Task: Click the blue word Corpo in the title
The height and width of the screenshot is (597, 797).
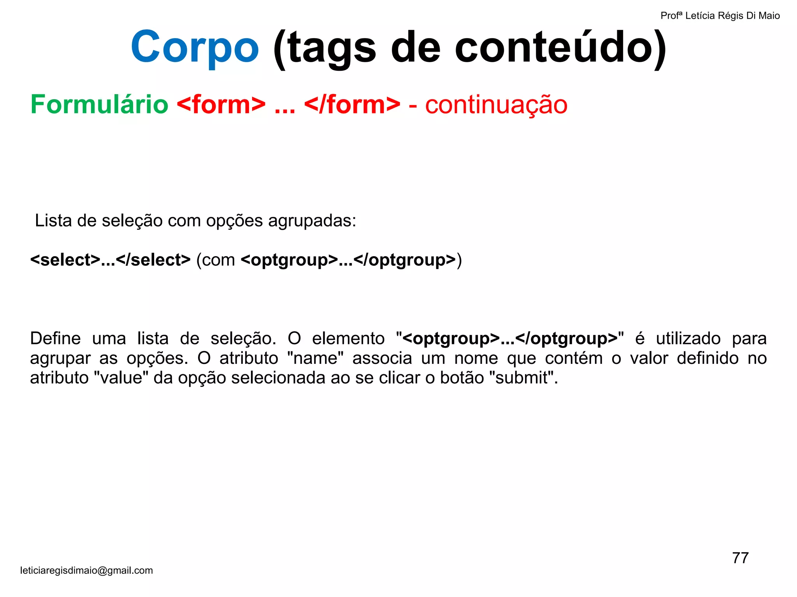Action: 195,47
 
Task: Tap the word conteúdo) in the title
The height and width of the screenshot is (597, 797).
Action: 560,47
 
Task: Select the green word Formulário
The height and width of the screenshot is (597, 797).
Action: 99,105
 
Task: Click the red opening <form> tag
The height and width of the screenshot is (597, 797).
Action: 221,105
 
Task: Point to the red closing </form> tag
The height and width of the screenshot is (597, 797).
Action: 352,105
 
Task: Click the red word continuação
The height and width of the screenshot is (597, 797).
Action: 496,105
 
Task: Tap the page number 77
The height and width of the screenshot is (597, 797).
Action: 740,558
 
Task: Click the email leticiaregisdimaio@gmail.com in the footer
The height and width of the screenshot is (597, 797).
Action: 86,570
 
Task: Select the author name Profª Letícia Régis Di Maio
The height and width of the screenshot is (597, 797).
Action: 720,16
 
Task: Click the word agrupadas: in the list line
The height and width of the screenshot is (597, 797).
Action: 312,221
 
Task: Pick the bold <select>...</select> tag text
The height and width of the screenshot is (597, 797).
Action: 111,260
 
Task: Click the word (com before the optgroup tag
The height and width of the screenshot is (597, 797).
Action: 216,260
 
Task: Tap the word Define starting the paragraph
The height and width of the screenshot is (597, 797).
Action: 55,338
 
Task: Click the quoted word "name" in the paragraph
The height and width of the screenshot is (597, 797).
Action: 315,358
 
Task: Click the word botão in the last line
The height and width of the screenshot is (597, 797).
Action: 462,378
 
